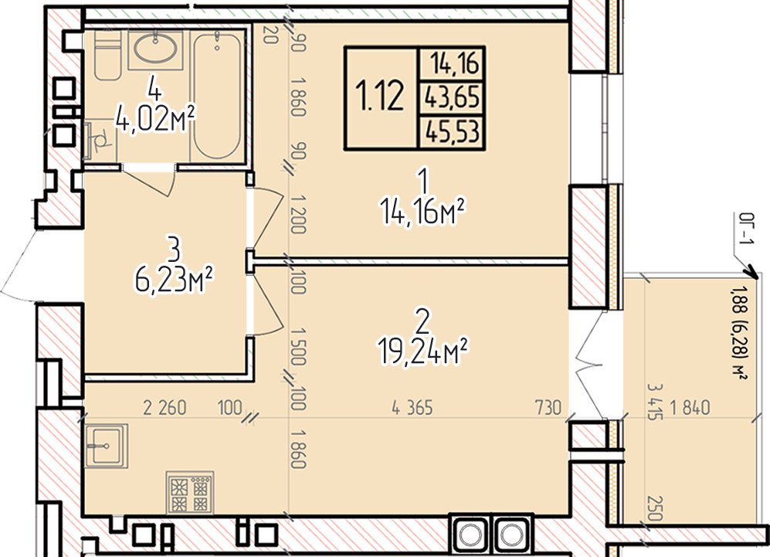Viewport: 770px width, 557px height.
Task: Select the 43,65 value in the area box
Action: tap(453, 97)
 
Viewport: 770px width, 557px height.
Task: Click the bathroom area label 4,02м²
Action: tap(155, 119)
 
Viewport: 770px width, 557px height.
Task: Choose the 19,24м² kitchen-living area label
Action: tap(422, 351)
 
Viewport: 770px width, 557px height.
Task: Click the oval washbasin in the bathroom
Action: tap(156, 48)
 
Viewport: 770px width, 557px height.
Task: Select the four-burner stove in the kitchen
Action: tap(190, 491)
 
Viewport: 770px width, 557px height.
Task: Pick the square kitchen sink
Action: tap(106, 446)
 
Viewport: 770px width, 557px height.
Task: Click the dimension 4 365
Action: tap(412, 408)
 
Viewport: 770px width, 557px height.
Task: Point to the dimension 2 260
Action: tap(165, 408)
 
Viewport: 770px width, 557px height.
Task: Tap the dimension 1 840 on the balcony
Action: tap(690, 408)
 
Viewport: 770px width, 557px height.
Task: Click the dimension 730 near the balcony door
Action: tap(548, 408)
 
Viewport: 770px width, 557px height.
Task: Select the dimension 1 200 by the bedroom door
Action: tap(299, 214)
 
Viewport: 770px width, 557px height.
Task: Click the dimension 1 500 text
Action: tap(299, 347)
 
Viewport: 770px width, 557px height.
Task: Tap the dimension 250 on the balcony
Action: tap(655, 508)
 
